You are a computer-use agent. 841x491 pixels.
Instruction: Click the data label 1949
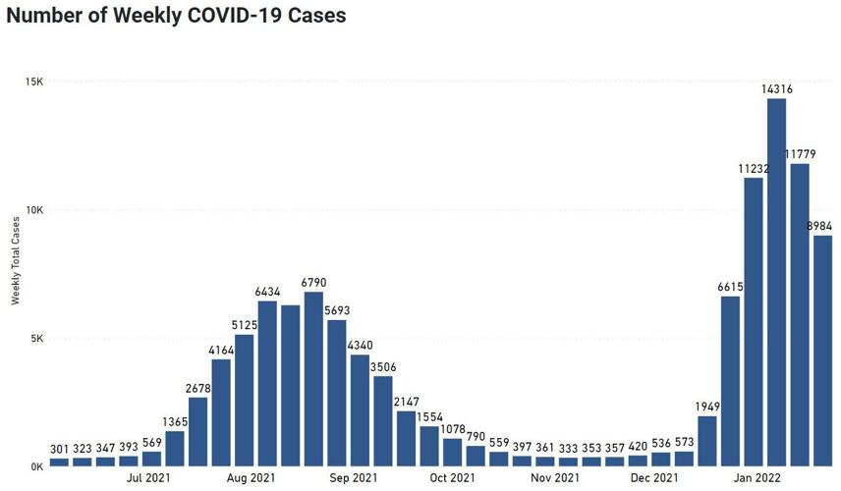click(707, 407)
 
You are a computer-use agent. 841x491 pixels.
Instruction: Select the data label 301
click(60, 449)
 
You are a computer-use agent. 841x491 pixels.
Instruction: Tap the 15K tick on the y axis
click(34, 82)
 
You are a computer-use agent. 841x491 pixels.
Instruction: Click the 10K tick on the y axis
click(34, 210)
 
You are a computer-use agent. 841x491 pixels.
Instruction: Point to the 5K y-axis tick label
click(36, 339)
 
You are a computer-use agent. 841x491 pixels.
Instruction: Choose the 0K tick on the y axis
click(36, 467)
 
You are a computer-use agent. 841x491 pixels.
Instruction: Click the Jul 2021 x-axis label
click(149, 478)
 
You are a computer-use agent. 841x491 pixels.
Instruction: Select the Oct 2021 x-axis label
click(451, 478)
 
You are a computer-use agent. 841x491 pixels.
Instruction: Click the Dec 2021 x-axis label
click(653, 478)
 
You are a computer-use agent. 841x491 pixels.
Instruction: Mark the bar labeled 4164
click(221, 412)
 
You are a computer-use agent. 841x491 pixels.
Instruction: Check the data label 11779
click(804, 154)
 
